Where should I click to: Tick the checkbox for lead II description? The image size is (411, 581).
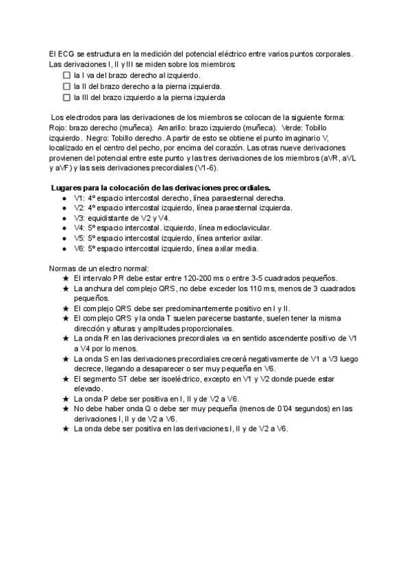pos(66,86)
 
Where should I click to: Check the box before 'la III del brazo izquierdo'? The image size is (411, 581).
pos(66,98)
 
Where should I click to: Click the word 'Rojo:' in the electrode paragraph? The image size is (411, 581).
pos(60,128)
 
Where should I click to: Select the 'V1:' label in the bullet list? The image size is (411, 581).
pos(79,197)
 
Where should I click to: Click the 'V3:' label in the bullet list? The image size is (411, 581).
pos(79,218)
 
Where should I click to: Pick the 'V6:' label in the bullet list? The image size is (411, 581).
pos(79,249)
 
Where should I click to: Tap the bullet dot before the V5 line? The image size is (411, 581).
pos(64,238)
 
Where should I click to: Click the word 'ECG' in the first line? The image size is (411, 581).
pos(67,53)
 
